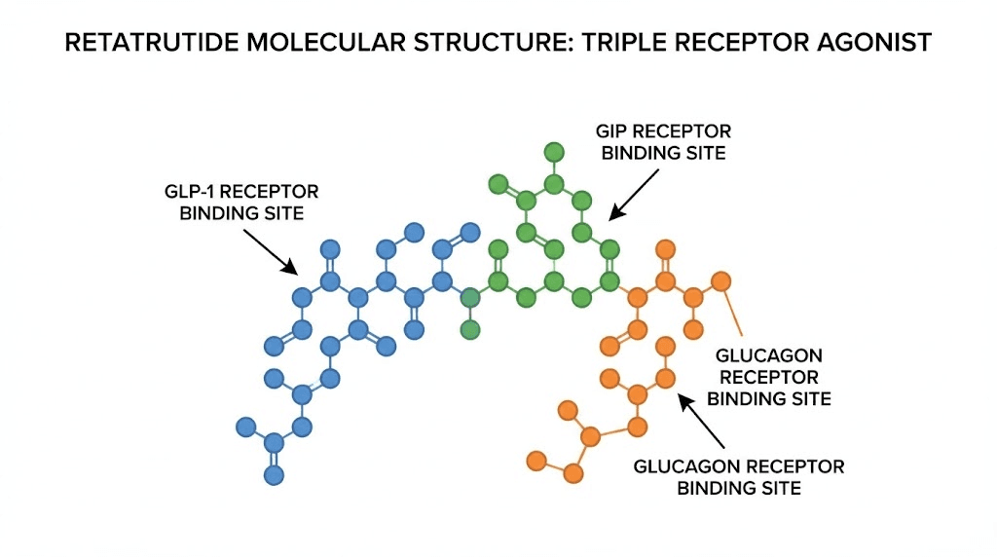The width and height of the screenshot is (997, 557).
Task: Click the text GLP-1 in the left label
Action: [199, 191]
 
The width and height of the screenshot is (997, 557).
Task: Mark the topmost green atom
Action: [554, 152]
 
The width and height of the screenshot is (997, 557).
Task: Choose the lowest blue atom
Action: [274, 475]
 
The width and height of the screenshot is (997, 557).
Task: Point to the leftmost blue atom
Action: [245, 427]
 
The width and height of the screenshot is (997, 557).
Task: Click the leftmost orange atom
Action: [535, 460]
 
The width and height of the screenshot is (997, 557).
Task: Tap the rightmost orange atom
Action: [720, 282]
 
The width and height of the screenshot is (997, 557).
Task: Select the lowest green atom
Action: [470, 330]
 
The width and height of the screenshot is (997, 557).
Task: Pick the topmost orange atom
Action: [665, 247]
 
